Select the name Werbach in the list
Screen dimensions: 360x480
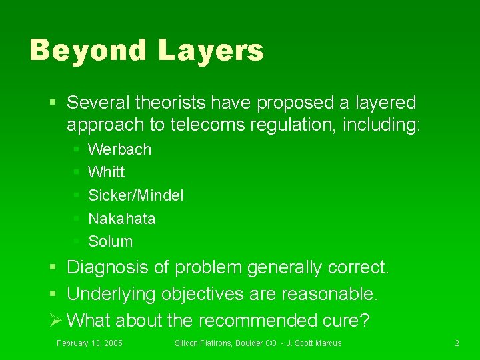pyautogui.click(x=120, y=149)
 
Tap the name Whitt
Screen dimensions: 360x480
pyautogui.click(x=107, y=172)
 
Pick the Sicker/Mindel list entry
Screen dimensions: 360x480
pyautogui.click(x=136, y=195)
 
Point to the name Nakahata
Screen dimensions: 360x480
pyautogui.click(x=122, y=219)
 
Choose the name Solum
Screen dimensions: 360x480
pyautogui.click(x=111, y=241)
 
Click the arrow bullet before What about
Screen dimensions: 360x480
pyautogui.click(x=57, y=321)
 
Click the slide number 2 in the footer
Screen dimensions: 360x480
pyautogui.click(x=457, y=343)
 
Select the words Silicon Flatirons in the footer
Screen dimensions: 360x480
pyautogui.click(x=202, y=343)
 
